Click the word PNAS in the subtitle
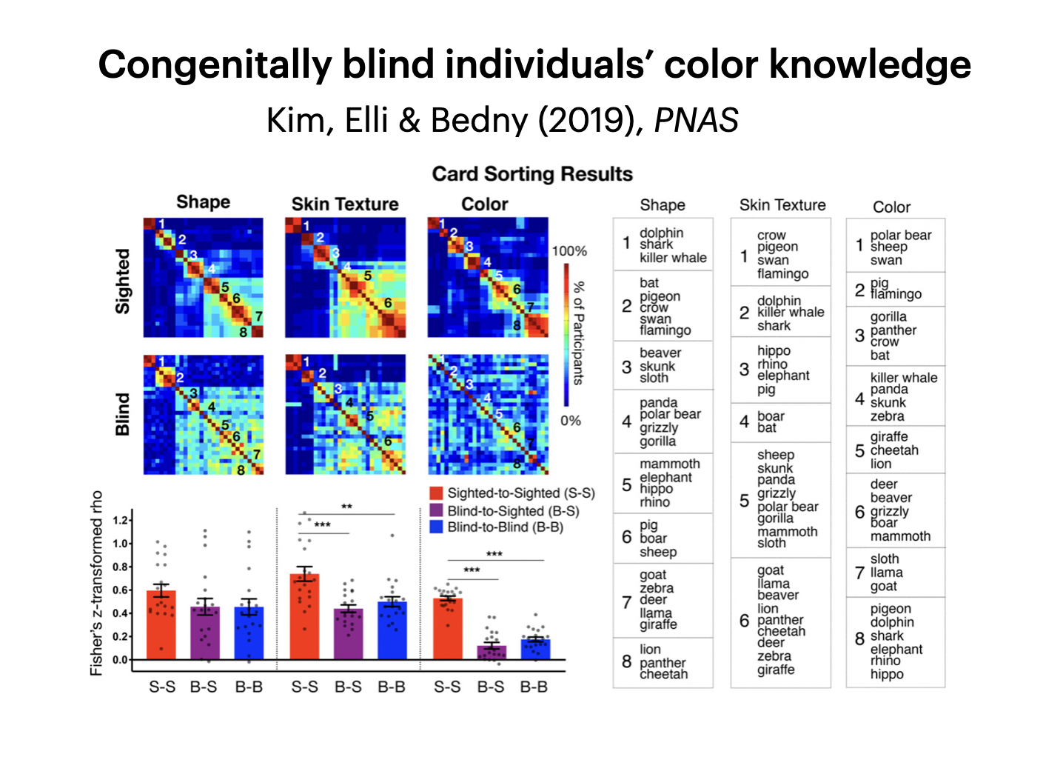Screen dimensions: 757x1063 pos(696,120)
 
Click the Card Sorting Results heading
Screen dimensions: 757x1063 pos(532,174)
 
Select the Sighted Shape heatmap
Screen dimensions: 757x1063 pos(203,277)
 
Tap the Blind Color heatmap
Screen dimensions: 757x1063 pos(488,414)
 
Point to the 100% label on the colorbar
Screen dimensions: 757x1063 pos(569,251)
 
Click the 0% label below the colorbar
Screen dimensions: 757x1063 pos(570,421)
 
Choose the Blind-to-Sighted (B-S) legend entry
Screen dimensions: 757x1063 pos(513,510)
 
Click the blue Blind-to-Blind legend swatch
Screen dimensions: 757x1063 pos(436,527)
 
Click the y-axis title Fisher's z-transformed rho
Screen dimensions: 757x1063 pos(96,583)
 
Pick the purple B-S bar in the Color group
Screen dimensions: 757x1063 pos(491,652)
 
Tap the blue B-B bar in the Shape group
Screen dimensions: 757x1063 pos(249,633)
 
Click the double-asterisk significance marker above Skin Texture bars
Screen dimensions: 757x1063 pos(346,507)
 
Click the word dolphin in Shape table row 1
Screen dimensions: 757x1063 pos(661,233)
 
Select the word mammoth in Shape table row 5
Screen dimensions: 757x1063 pos(669,464)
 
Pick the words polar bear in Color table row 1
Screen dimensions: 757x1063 pos(900,235)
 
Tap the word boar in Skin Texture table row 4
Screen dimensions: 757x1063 pos(771,416)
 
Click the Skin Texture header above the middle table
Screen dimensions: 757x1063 pos(782,205)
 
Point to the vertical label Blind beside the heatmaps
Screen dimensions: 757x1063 pos(123,414)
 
